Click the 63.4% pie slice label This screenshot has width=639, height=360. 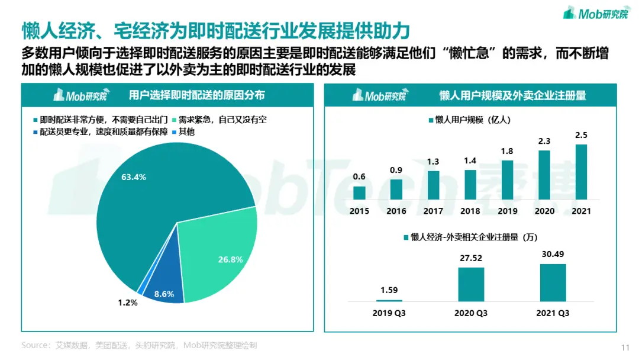133,177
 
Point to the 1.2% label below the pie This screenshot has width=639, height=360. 127,303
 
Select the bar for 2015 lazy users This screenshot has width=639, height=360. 359,192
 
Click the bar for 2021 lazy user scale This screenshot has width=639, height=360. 581,172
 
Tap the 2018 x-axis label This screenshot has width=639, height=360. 470,211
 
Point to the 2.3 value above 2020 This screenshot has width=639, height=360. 544,141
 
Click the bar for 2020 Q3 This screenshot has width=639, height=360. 471,284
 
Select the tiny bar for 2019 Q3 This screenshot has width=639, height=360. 389,300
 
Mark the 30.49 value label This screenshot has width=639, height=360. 553,255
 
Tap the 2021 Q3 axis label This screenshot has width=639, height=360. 553,313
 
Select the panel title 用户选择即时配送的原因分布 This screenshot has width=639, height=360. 196,95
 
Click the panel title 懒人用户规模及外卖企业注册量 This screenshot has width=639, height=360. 512,95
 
